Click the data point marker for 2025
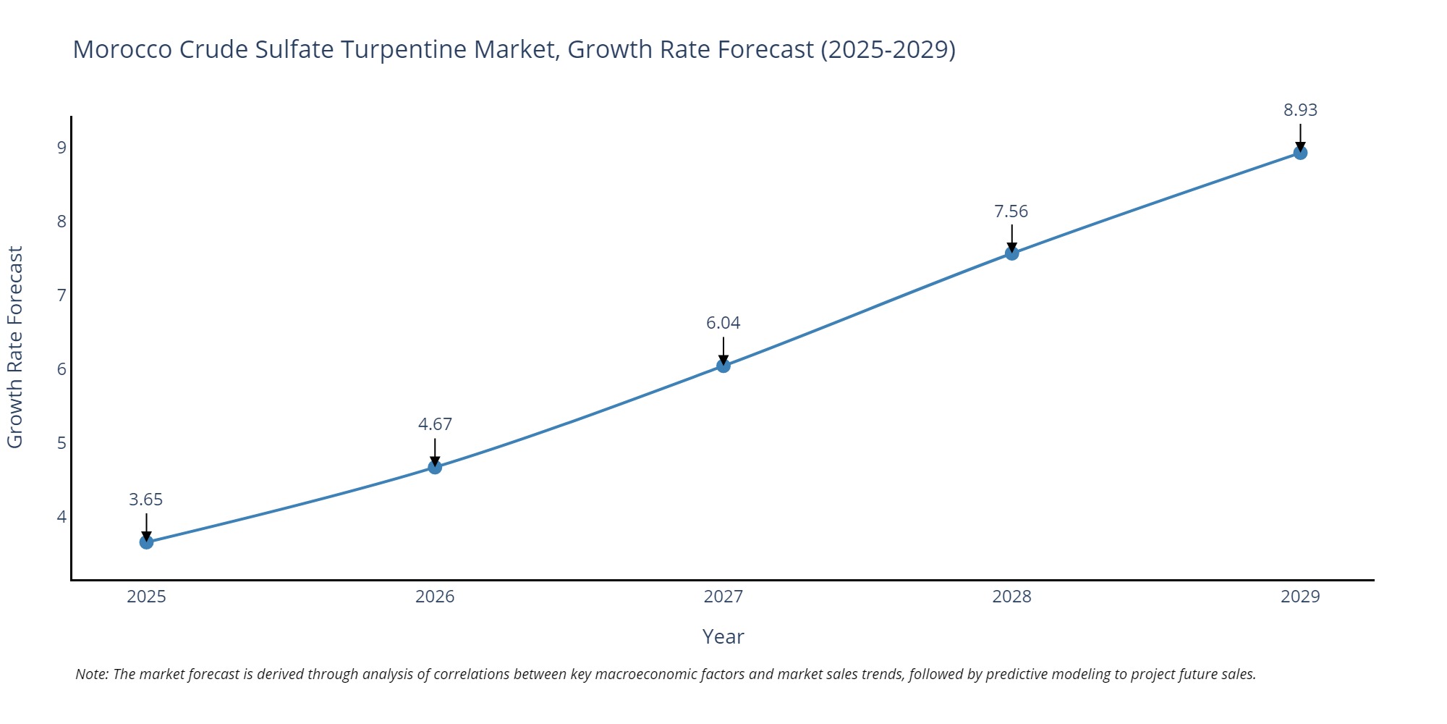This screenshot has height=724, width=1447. click(146, 542)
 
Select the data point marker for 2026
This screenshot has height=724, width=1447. click(435, 467)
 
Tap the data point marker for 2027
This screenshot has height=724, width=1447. click(723, 366)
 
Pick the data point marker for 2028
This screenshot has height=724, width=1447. click(1011, 253)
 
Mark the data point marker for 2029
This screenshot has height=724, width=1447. click(1300, 153)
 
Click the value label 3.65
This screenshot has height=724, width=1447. click(146, 500)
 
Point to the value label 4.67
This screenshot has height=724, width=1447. click(435, 424)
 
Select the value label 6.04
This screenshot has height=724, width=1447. click(723, 323)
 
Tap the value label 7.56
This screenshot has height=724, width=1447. click(1011, 211)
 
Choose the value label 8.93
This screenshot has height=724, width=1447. click(1300, 110)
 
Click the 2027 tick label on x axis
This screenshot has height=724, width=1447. click(723, 597)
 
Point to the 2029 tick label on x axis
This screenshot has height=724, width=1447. click(1300, 597)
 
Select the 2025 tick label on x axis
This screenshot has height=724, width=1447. click(146, 597)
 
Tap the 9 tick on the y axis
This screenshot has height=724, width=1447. click(61, 148)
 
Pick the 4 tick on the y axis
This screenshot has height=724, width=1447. click(61, 517)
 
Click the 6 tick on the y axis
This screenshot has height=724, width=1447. click(61, 369)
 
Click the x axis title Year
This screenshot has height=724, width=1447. click(723, 636)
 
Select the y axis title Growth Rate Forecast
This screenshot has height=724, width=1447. click(15, 347)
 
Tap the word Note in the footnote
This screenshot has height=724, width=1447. click(91, 674)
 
